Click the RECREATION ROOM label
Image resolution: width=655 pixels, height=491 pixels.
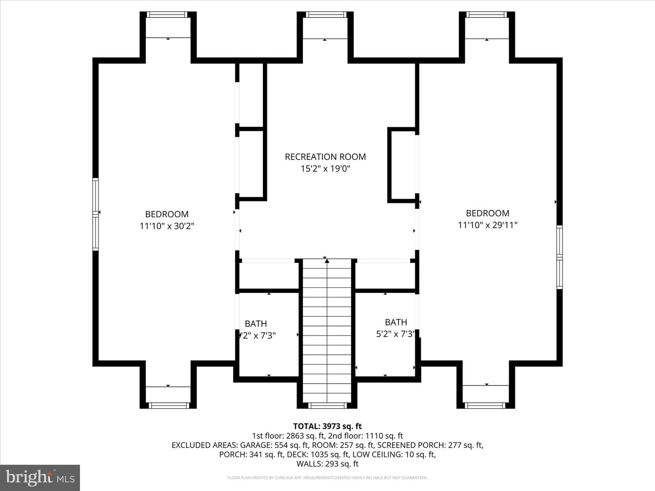[325, 157]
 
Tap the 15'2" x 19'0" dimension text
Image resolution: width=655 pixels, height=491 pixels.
[325, 169]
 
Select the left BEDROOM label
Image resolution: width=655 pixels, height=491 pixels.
[166, 214]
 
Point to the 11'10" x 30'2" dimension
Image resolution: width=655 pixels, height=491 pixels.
[167, 226]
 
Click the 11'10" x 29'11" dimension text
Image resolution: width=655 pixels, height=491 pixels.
[488, 225]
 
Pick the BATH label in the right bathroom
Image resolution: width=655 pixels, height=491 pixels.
[396, 322]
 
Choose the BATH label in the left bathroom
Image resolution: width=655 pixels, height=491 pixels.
[256, 324]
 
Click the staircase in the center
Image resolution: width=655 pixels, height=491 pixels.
[327, 332]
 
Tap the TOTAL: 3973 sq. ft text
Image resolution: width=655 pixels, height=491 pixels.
[327, 426]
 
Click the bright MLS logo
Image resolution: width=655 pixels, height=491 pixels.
[40, 478]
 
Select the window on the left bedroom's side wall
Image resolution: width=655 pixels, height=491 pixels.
[96, 214]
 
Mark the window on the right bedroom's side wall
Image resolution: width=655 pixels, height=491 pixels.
[559, 257]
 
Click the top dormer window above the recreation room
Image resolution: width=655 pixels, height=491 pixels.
[326, 15]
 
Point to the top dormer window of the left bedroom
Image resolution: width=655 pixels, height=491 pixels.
[167, 15]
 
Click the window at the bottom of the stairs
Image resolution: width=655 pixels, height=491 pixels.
[327, 405]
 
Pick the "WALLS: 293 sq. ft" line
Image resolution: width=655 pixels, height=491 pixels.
[327, 464]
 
